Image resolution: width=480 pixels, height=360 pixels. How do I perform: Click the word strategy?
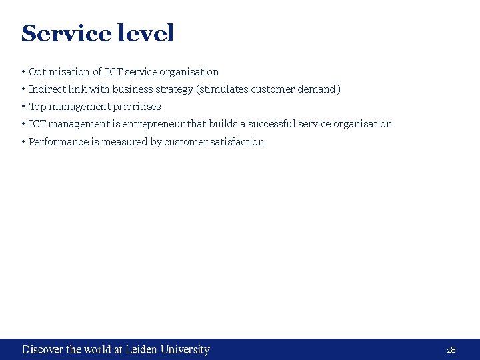coord(174,89)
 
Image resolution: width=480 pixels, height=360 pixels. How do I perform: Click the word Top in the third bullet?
coord(37,107)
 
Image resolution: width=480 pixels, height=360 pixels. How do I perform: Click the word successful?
coord(271,124)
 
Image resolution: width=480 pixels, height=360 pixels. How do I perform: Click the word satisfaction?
coord(240,141)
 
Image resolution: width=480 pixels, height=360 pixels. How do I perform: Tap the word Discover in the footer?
coord(43,349)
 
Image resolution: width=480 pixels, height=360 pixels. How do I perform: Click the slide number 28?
coord(451,350)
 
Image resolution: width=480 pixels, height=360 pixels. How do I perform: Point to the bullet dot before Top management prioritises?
coord(23,107)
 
